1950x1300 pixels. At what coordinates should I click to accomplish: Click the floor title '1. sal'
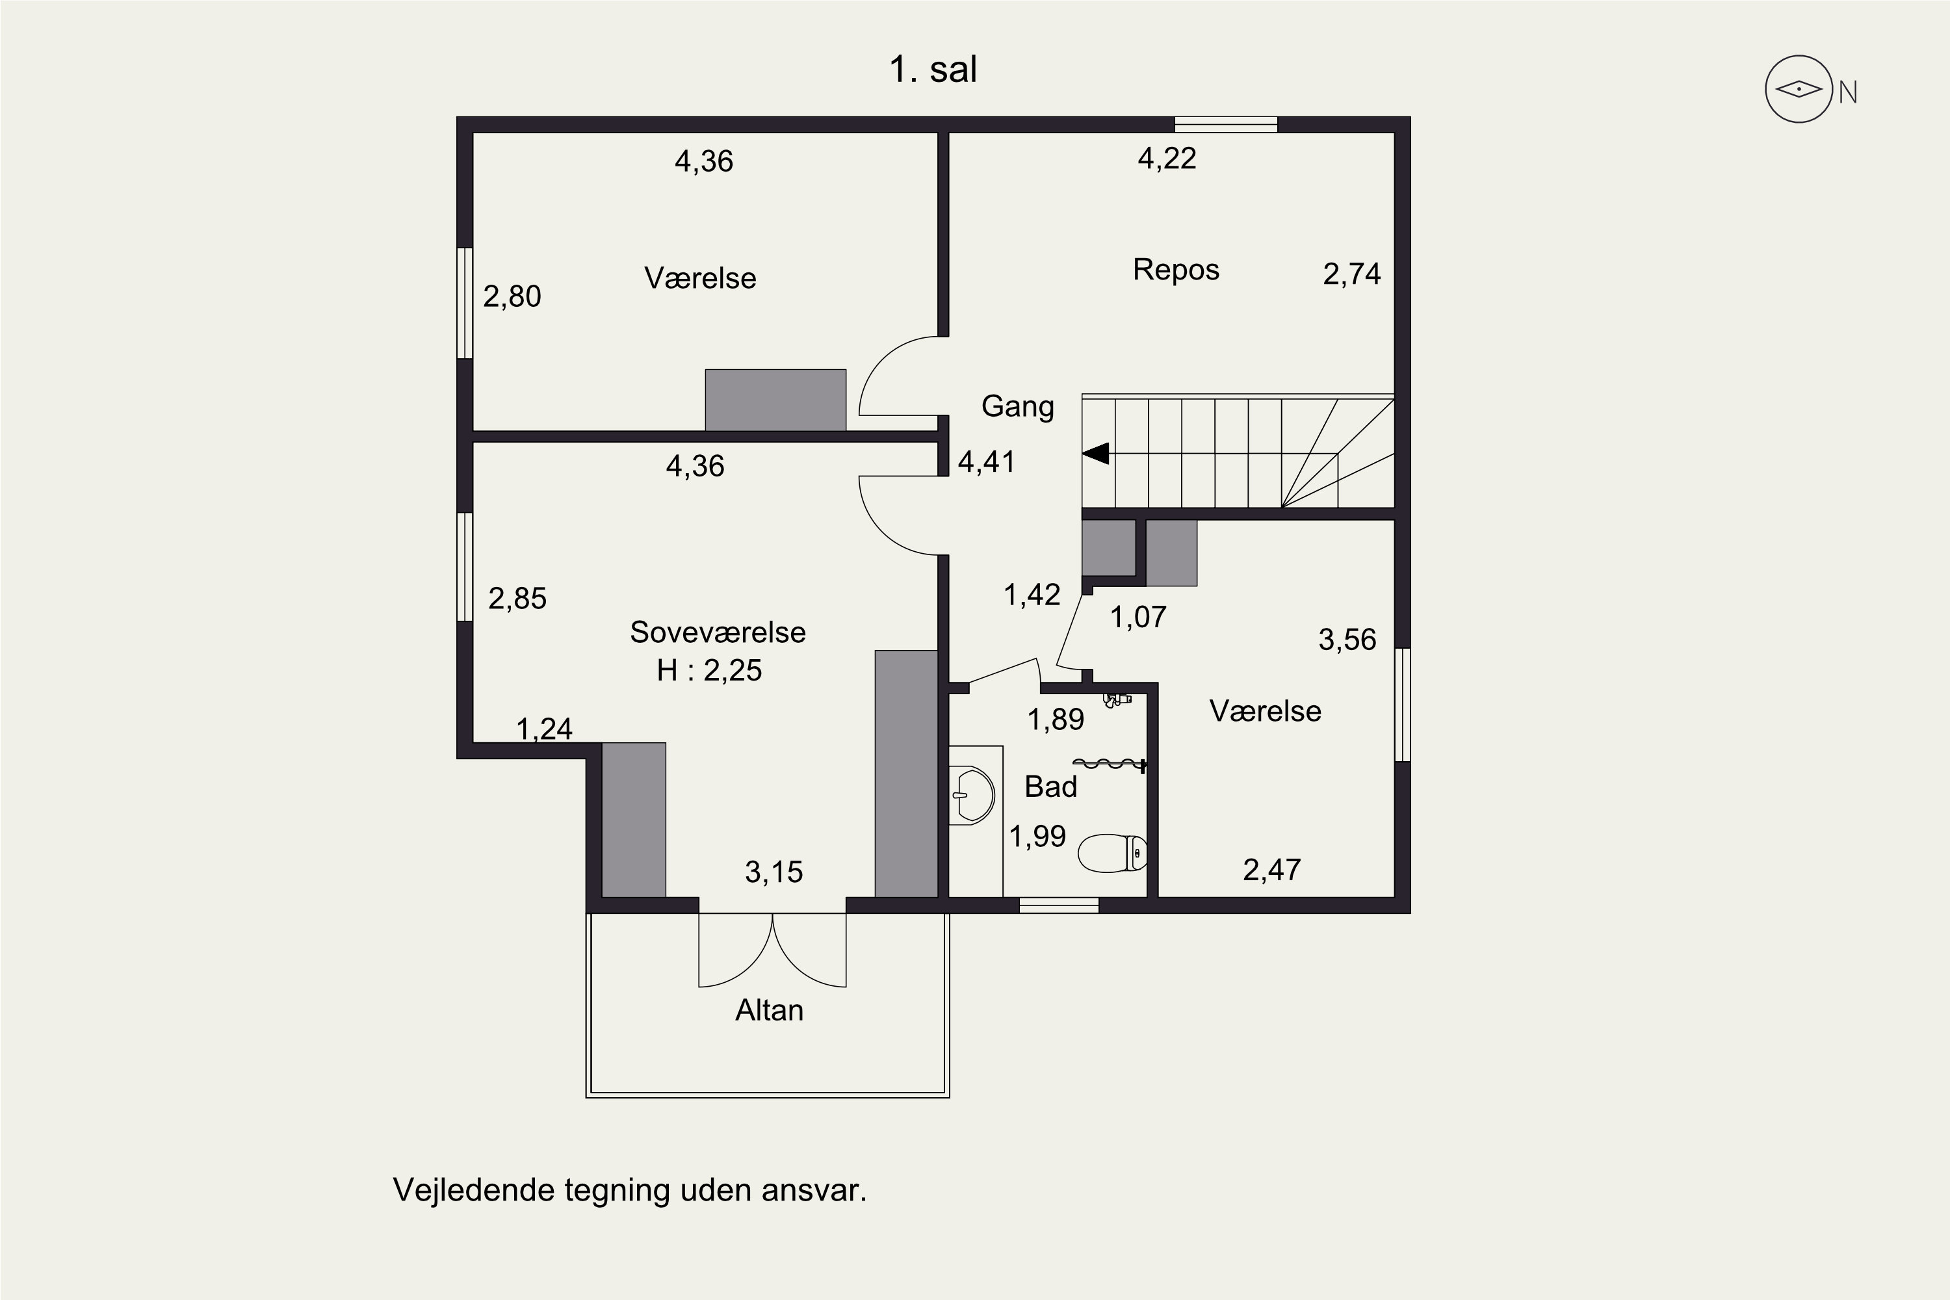pos(933,69)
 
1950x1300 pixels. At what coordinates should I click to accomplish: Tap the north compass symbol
pos(1799,90)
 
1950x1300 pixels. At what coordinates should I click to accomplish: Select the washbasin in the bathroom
pos(972,796)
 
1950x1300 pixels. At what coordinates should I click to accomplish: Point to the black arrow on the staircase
pos(1095,454)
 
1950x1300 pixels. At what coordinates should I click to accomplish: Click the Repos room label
pos(1176,270)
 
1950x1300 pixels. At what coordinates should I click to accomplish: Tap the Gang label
pos(1017,407)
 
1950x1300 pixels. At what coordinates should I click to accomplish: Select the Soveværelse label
pos(717,632)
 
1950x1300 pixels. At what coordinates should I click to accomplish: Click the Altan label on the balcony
pos(770,1011)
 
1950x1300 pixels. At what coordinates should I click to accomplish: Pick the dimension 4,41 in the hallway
pos(987,461)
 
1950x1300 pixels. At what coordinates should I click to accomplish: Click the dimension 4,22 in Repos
pos(1167,159)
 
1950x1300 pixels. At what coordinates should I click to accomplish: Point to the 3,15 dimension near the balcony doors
pos(773,872)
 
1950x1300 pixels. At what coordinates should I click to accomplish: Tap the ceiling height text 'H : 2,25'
pos(709,670)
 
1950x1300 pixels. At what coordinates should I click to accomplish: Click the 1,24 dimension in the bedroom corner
pos(545,729)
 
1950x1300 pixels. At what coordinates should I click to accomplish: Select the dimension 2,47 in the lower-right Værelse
pos(1272,870)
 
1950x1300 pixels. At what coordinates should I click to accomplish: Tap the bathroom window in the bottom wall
pos(1059,905)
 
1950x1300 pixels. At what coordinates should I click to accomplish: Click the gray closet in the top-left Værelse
pos(775,400)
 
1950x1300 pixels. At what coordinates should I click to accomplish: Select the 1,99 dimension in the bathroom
pos(1037,837)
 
